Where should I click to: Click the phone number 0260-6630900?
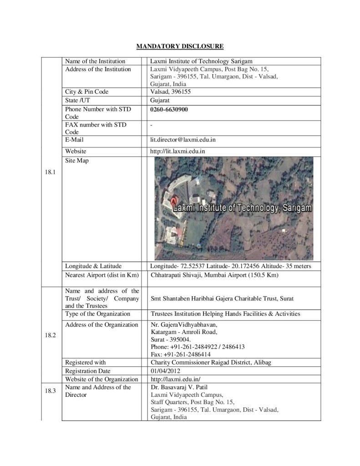(169, 110)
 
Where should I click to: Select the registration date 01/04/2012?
(166, 370)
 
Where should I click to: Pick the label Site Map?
(76, 161)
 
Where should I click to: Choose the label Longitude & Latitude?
(93, 266)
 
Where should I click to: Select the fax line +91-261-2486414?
(180, 354)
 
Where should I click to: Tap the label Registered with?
(85, 362)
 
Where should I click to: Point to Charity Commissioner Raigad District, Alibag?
(214, 362)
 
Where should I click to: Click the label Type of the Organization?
(97, 314)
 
